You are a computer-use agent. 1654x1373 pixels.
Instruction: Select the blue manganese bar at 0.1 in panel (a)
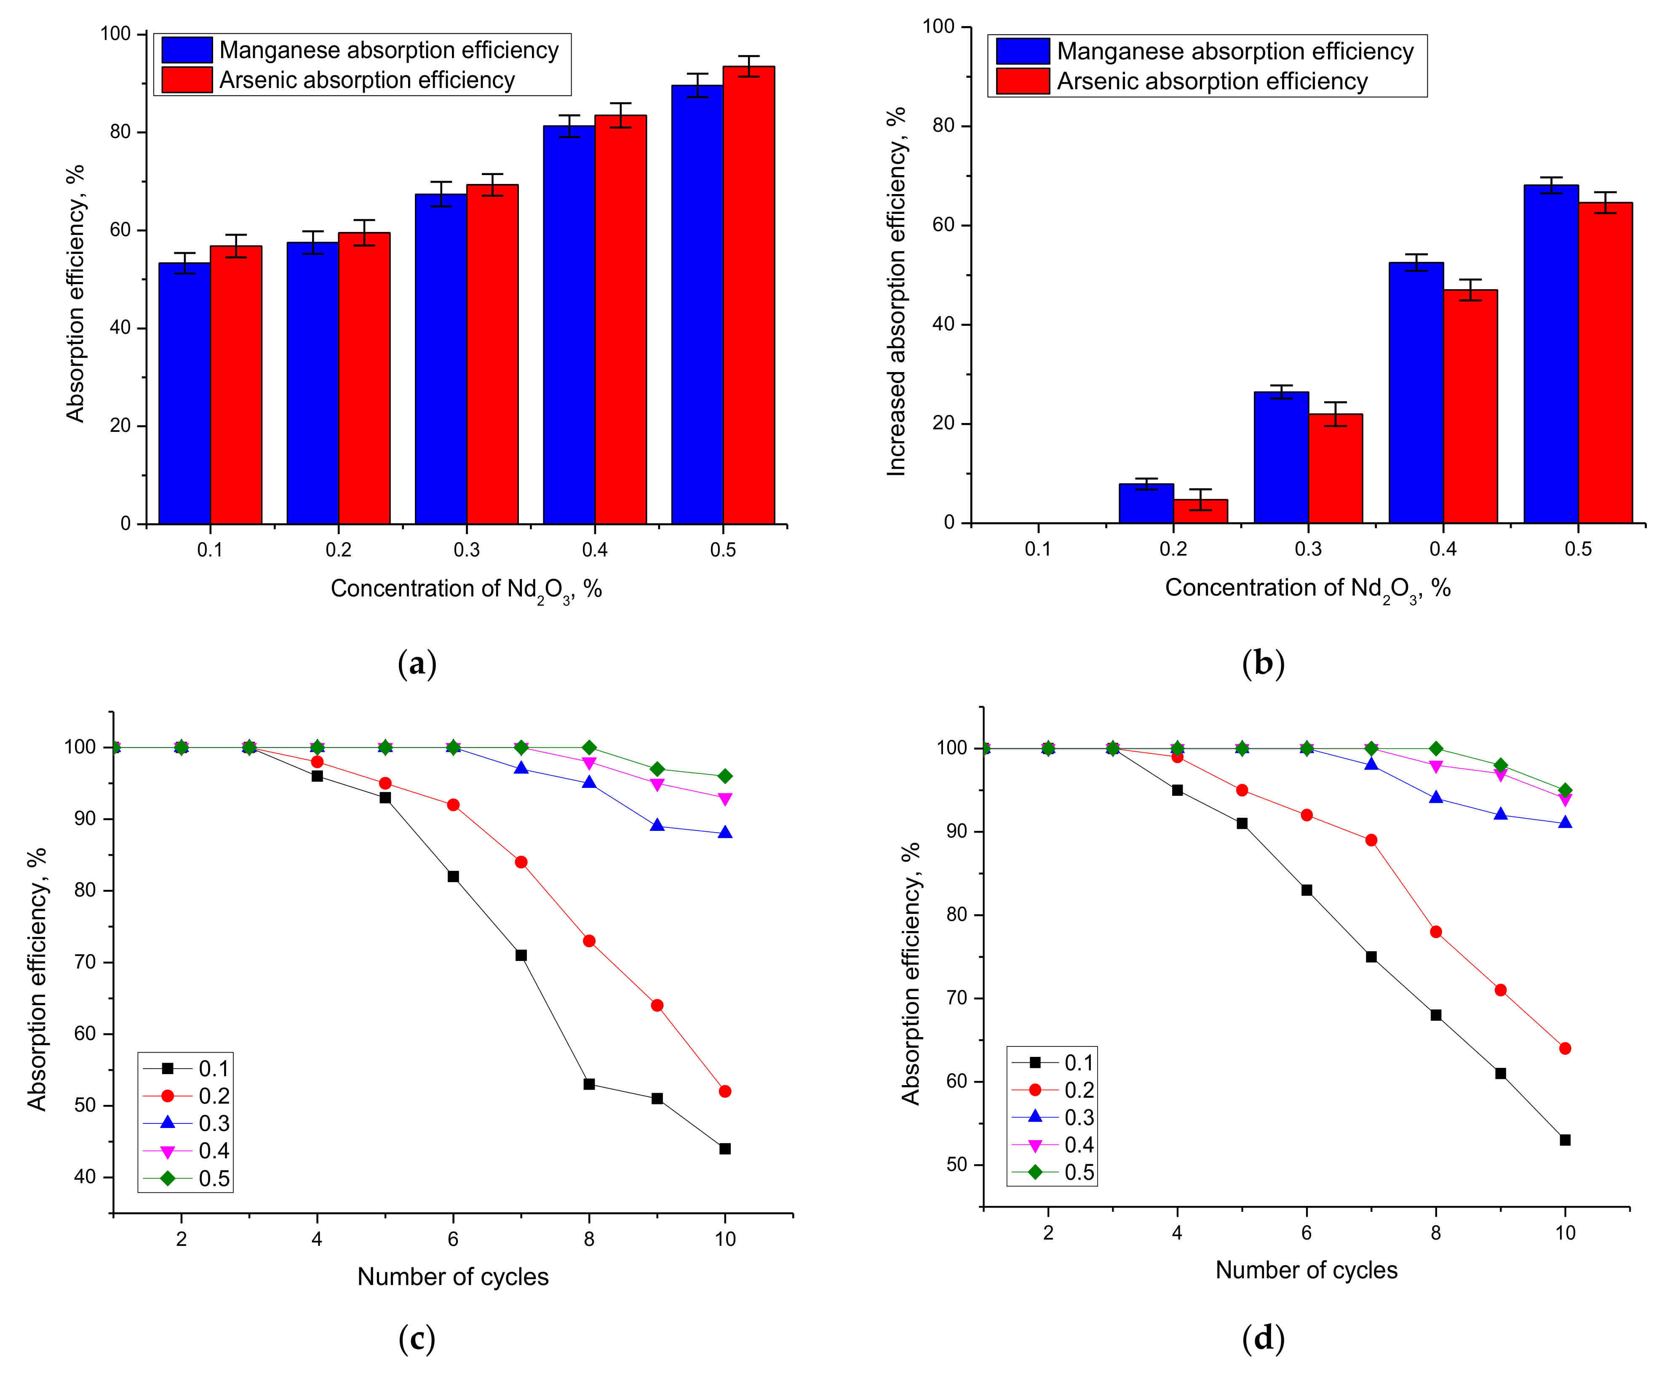pyautogui.click(x=184, y=394)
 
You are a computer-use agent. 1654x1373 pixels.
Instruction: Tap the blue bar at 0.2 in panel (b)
pyautogui.click(x=1146, y=504)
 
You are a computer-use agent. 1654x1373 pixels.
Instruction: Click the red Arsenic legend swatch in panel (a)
pyautogui.click(x=187, y=80)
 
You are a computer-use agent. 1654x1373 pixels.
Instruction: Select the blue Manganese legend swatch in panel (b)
pyautogui.click(x=1022, y=51)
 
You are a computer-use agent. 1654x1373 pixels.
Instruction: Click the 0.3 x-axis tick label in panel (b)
pyautogui.click(x=1308, y=549)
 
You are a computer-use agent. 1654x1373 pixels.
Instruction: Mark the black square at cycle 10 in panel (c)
pyautogui.click(x=724, y=1149)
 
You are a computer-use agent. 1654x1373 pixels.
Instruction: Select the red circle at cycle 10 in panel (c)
pyautogui.click(x=724, y=1091)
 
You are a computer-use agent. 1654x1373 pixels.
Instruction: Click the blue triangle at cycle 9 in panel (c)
pyautogui.click(x=657, y=825)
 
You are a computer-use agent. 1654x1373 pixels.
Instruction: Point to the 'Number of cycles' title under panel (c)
pyautogui.click(x=453, y=1276)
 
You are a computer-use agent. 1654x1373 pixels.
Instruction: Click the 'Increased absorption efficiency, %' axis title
pyautogui.click(x=896, y=291)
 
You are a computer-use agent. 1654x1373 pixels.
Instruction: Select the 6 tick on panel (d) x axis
pyautogui.click(x=1306, y=1233)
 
